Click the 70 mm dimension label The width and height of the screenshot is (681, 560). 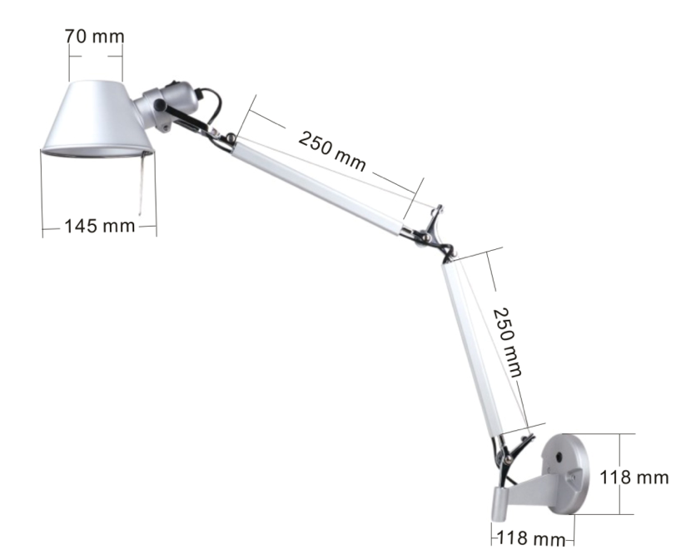(94, 37)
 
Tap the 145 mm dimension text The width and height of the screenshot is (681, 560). (99, 225)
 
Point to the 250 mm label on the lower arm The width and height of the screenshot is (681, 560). (507, 341)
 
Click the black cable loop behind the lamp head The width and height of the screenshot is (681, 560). (215, 103)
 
